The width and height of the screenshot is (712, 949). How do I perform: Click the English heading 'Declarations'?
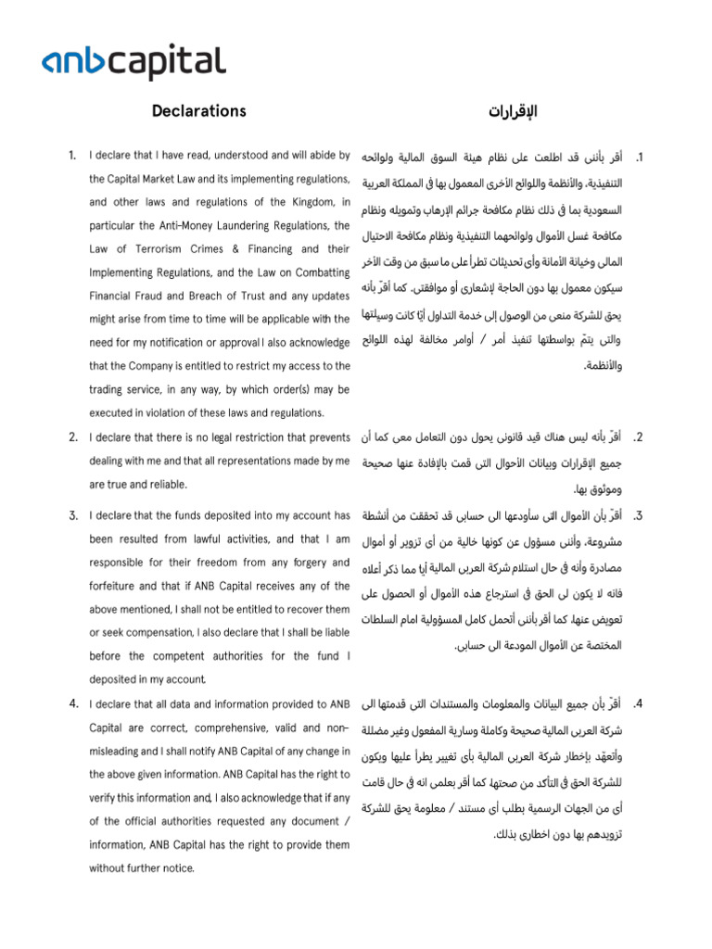[x=199, y=111]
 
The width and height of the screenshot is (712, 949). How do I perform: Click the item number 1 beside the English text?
[x=71, y=155]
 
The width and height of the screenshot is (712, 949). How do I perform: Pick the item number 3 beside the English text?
[x=71, y=514]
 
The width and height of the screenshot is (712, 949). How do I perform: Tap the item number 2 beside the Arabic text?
[x=637, y=437]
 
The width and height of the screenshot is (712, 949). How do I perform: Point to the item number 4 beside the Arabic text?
[x=637, y=704]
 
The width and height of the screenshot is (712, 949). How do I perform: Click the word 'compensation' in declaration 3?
[x=147, y=633]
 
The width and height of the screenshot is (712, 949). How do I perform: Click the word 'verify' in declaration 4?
[x=104, y=797]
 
